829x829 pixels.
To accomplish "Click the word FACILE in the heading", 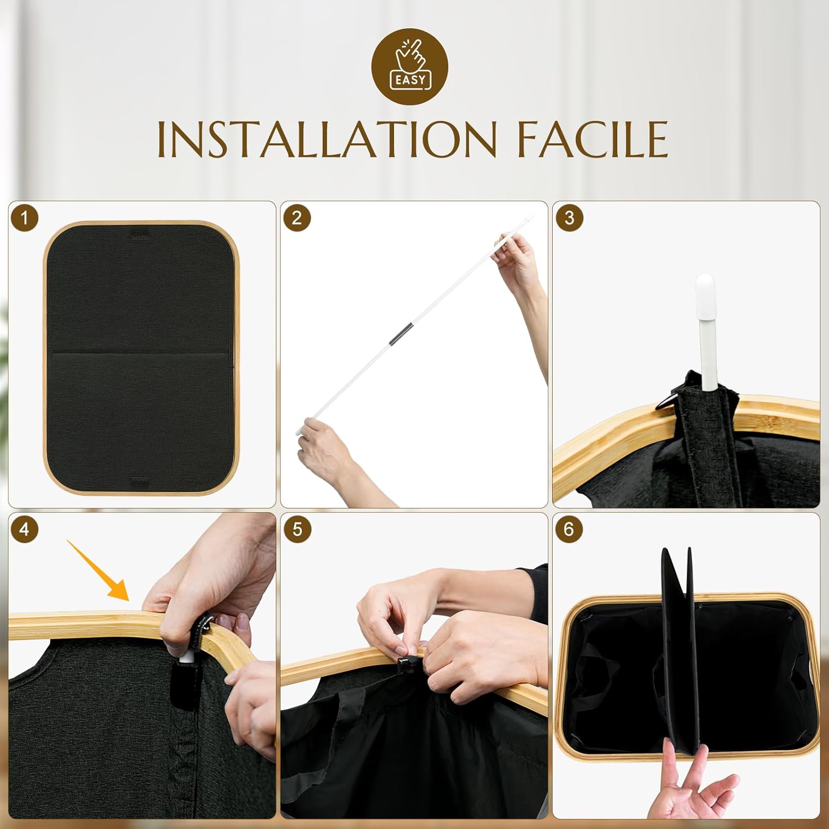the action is pyautogui.click(x=592, y=139).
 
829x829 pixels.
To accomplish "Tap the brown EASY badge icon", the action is pyautogui.click(x=410, y=67).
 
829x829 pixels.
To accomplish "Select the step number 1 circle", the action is pyautogui.click(x=24, y=218).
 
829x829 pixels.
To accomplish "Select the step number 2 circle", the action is pyautogui.click(x=297, y=218).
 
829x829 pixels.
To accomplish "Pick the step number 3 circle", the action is pyautogui.click(x=569, y=218).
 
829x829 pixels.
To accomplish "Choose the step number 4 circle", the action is pyautogui.click(x=24, y=529).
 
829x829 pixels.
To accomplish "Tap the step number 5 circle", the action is pyautogui.click(x=297, y=529).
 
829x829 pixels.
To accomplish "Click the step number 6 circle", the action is pyautogui.click(x=569, y=529).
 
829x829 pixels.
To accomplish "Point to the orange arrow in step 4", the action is pyautogui.click(x=98, y=570).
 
